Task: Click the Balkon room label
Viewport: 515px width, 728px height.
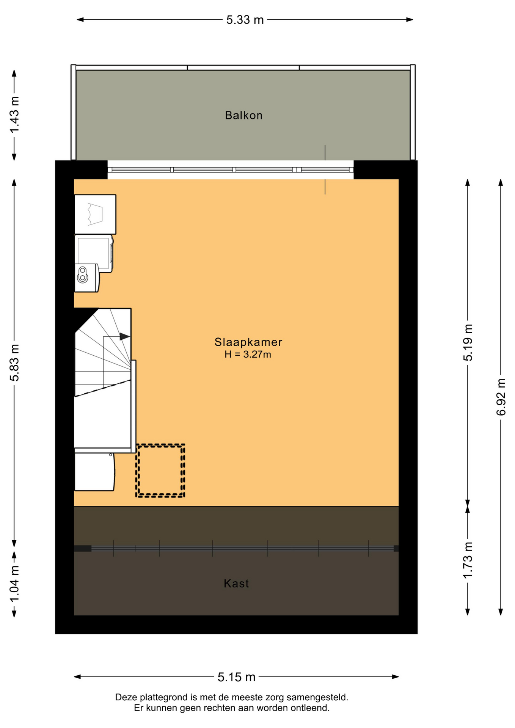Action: click(x=243, y=115)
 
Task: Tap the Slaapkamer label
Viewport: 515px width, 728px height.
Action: click(x=248, y=342)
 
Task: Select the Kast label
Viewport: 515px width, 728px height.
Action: click(x=236, y=583)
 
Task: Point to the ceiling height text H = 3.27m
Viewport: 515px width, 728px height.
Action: click(x=248, y=355)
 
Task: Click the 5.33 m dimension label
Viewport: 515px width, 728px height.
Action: click(x=245, y=20)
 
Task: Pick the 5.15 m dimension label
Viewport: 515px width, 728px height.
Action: click(x=236, y=677)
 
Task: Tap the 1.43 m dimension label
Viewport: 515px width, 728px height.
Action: click(x=14, y=115)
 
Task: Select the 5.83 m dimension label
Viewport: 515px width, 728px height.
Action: click(x=14, y=362)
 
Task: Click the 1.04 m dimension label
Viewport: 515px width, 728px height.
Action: click(x=14, y=584)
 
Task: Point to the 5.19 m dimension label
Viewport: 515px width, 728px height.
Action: click(x=468, y=343)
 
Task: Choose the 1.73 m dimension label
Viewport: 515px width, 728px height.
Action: click(x=468, y=560)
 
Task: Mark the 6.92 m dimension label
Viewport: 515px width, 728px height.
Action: click(x=501, y=397)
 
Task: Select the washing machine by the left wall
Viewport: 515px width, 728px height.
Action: click(x=94, y=253)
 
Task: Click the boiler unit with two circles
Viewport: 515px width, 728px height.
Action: click(x=86, y=278)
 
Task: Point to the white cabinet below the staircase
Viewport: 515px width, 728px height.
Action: click(x=94, y=472)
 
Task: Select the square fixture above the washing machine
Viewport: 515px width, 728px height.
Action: click(x=95, y=215)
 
